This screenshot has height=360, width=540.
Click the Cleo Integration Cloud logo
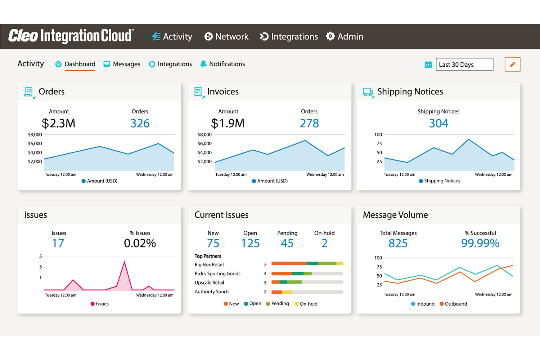tap(71, 36)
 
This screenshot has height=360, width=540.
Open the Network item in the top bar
tap(227, 36)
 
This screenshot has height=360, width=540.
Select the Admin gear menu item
tap(344, 36)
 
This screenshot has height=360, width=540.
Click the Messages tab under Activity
tap(122, 64)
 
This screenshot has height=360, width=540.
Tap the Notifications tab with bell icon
tap(223, 64)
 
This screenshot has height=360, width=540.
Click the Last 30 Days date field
tap(464, 65)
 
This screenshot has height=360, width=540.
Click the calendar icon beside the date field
tap(428, 65)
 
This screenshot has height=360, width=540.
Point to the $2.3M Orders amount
tap(58, 123)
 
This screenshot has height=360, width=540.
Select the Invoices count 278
tap(309, 123)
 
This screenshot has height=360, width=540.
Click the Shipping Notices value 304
tap(438, 123)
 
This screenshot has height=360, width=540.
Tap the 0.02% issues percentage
tap(140, 243)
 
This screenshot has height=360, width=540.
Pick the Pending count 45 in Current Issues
tap(287, 243)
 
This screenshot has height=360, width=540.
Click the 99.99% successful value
tap(480, 243)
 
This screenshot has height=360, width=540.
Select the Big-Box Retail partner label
tap(209, 265)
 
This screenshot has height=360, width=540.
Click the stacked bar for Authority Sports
tap(307, 292)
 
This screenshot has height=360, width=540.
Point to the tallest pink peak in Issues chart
tap(124, 262)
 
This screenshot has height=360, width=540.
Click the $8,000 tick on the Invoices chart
tap(204, 135)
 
